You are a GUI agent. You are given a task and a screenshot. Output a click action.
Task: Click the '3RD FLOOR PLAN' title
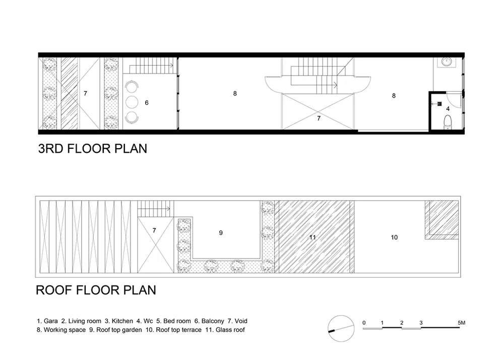[x=93, y=149]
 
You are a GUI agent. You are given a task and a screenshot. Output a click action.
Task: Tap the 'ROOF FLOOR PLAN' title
[x=96, y=290]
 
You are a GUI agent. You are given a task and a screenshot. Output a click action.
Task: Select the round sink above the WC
[x=446, y=62]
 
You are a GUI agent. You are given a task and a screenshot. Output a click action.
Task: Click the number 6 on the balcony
[x=147, y=103]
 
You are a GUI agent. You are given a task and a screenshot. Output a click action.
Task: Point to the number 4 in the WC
[x=448, y=109]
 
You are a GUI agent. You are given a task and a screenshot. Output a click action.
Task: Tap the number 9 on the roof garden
[x=221, y=233]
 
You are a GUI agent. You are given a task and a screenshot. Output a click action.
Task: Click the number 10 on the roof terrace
[x=394, y=237]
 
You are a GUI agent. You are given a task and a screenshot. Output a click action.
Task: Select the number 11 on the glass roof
[x=312, y=237]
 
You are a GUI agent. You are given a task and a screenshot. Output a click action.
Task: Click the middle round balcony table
[x=132, y=102]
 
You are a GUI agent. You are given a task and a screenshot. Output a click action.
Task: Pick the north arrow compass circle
[x=341, y=328]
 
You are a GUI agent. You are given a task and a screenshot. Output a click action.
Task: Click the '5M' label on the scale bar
[x=461, y=323]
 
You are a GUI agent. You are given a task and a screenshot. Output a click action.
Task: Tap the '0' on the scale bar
[x=364, y=323]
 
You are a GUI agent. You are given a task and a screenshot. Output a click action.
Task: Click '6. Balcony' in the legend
[x=209, y=321]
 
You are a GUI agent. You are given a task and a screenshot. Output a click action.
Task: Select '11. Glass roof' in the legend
[x=225, y=330]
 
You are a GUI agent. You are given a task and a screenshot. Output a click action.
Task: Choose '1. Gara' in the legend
[x=47, y=321]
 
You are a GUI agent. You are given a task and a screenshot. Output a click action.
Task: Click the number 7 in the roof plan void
[x=154, y=230]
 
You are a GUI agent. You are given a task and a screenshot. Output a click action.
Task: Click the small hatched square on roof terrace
[x=442, y=220]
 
